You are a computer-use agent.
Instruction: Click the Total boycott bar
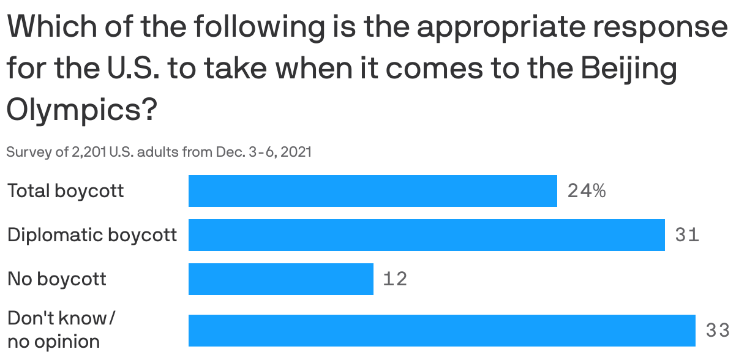(372, 191)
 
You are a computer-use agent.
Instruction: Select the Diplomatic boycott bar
(426, 235)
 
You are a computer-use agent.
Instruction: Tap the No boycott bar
(280, 279)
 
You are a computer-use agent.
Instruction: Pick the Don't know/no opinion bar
(441, 331)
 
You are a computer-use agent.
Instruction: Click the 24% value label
(586, 192)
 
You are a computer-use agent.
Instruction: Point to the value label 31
(687, 235)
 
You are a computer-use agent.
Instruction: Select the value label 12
(395, 279)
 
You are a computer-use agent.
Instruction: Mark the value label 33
(718, 331)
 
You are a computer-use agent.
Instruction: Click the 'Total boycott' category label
(66, 191)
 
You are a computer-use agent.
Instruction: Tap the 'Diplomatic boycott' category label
(92, 235)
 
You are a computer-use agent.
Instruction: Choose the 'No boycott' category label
(56, 279)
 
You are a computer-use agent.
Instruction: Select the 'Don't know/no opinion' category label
(61, 330)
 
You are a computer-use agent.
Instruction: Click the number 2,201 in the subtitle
(89, 152)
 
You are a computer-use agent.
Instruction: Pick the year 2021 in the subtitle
(297, 152)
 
